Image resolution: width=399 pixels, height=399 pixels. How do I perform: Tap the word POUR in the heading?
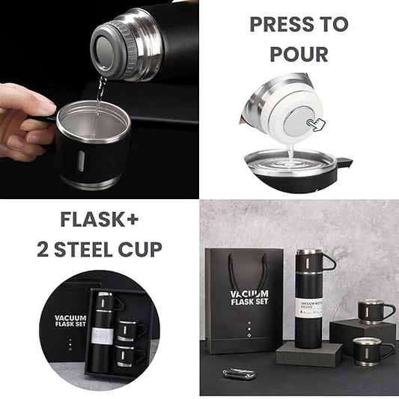299,54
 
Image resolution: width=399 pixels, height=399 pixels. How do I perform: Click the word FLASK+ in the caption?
100,221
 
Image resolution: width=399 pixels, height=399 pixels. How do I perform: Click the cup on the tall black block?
372,311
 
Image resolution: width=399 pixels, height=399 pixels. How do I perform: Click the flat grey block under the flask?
308,353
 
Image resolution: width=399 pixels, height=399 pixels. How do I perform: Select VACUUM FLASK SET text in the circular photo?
70,322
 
